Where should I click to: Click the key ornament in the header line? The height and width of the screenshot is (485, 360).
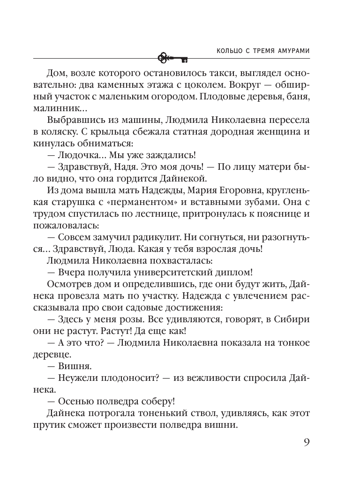click(172, 58)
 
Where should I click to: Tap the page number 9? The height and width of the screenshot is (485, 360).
click(305, 443)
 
